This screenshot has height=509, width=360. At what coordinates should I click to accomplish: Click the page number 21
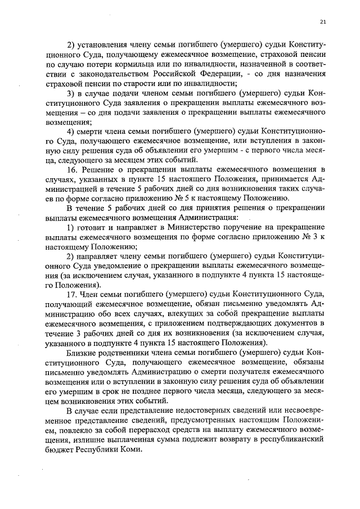pos(323,22)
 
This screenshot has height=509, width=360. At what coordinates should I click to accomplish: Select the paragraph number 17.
pos(72,295)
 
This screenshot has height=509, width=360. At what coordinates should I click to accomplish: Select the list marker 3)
pos(72,93)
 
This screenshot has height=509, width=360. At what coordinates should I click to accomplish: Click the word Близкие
pos(81,352)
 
